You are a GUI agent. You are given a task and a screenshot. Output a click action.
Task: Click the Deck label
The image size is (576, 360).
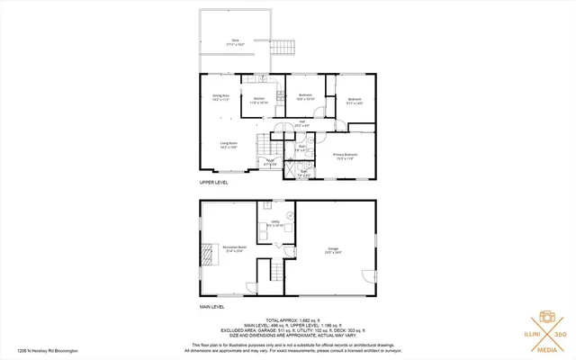coord(236,41)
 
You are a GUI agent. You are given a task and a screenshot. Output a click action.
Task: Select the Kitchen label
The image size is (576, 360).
coord(260,100)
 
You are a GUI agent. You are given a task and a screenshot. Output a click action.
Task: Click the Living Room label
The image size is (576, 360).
coord(229,144)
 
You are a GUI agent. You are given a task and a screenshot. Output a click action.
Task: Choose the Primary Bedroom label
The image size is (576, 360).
coord(346,155)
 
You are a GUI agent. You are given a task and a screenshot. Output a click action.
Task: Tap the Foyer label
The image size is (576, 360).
coord(269,164)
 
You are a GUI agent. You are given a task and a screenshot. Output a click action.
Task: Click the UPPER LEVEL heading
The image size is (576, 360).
coord(213,183)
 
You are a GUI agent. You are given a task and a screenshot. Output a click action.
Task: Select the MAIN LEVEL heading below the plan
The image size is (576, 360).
coord(212,307)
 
